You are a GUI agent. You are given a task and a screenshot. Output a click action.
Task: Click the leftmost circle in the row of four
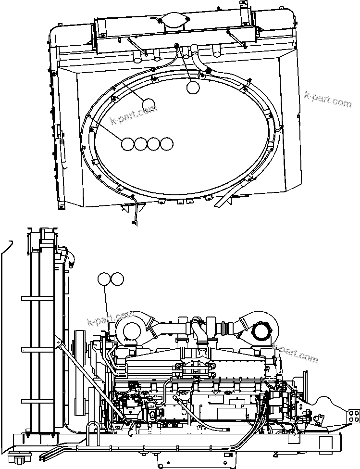(128, 144)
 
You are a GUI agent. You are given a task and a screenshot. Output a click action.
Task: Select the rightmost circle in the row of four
(166, 144)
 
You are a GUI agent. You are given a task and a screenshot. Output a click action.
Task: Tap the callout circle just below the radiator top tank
(193, 87)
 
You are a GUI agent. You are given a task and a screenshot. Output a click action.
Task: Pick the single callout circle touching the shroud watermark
(149, 104)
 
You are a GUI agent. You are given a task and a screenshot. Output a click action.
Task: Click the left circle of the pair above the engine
(104, 279)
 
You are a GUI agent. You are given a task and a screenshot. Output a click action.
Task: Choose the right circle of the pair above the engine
(117, 279)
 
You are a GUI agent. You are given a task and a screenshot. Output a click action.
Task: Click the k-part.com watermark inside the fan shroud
(133, 115)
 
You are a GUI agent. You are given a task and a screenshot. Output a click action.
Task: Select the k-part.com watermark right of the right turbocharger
(295, 353)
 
